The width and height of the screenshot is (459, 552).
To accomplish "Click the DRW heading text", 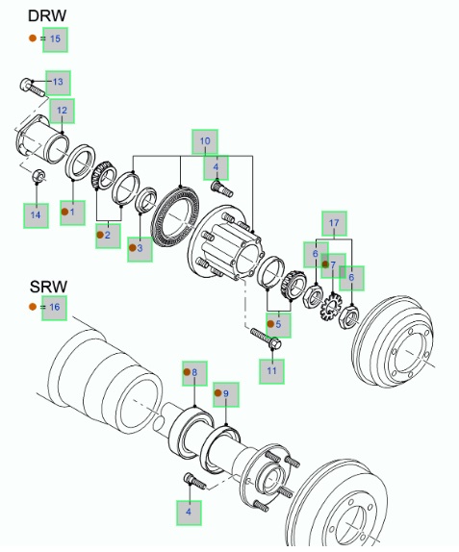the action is click(x=47, y=15).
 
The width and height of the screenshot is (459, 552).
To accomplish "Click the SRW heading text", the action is click(x=48, y=287).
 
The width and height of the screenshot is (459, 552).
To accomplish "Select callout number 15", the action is click(x=55, y=38).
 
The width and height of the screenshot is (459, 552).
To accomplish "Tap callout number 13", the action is click(x=58, y=83).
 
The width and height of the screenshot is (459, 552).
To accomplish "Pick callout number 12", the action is click(x=62, y=111).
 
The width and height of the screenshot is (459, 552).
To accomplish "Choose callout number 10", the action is click(x=205, y=141).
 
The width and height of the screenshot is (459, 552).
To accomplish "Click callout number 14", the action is click(x=36, y=215).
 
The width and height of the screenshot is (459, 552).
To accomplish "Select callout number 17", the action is click(x=334, y=223).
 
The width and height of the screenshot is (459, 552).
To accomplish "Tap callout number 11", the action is click(x=271, y=371).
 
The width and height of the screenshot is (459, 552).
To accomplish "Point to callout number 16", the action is click(x=54, y=308).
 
